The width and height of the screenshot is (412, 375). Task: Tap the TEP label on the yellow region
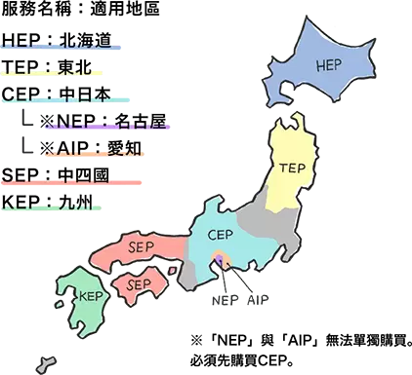(293, 167)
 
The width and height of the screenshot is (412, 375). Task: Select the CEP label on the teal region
(222, 234)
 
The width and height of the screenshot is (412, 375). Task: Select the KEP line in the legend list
(59, 203)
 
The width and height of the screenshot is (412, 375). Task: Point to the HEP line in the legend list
(59, 44)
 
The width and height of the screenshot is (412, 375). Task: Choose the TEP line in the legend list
(59, 69)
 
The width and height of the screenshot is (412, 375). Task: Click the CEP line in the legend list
(59, 95)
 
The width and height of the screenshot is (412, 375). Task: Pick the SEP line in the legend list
(59, 177)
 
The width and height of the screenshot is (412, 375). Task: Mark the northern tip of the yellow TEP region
(285, 122)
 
